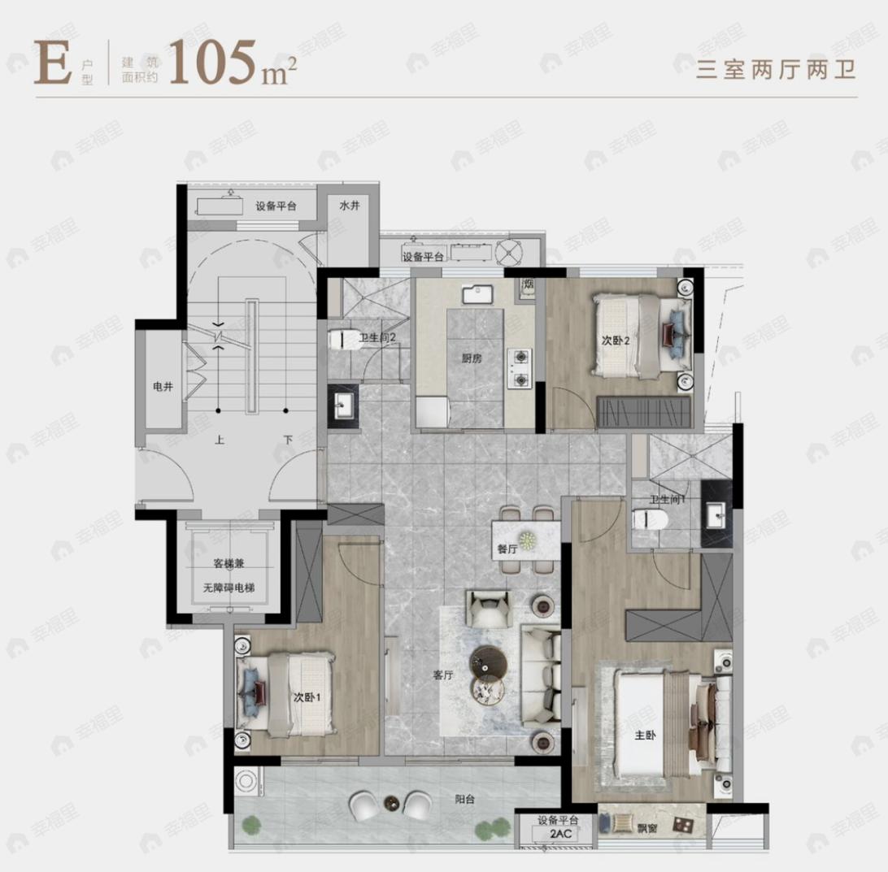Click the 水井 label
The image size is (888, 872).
(349, 206)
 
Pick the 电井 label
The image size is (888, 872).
(163, 388)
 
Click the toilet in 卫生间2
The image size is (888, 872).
(341, 339)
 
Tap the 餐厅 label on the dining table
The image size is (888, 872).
(508, 549)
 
